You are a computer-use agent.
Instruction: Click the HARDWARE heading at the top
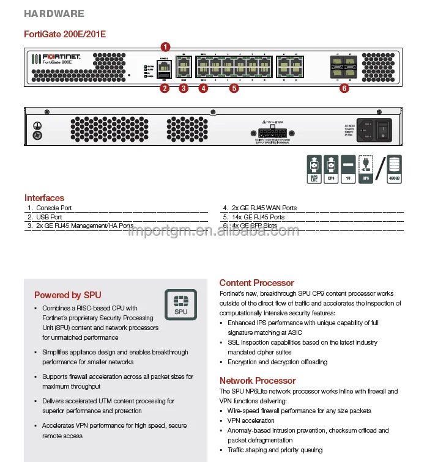coord(54,13)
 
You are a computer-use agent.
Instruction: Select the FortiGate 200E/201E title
coord(64,34)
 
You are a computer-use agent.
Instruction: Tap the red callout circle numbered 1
coord(165,46)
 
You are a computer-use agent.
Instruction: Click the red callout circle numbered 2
coord(164,89)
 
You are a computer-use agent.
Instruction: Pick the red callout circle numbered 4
coord(203,89)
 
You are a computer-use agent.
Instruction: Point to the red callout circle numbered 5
coord(234,89)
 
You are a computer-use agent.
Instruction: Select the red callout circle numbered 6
coord(344,89)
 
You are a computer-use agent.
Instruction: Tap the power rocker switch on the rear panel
coord(382,129)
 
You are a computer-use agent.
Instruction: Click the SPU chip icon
coord(181,304)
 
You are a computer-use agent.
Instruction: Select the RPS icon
coord(366,169)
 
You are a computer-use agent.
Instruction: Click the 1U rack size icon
coord(347,169)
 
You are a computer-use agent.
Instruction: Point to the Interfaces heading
coord(44,198)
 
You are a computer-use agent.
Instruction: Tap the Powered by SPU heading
coord(68,295)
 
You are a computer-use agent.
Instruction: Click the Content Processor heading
coord(256,283)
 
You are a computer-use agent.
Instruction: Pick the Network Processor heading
coord(258,381)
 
